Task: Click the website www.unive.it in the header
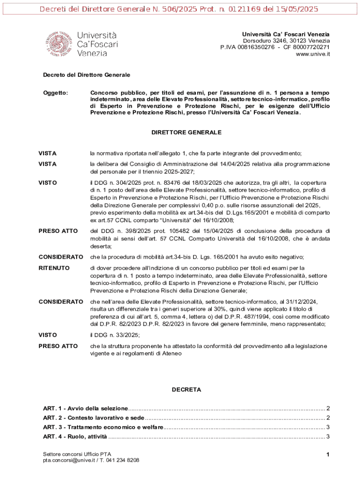313,54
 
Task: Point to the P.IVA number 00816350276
256,47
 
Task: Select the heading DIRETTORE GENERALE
187,133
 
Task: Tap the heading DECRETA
186,389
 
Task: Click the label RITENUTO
54,268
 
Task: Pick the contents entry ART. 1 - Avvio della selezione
85,408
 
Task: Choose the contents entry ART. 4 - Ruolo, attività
75,437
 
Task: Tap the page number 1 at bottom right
328,455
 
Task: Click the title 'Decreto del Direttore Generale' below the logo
86,75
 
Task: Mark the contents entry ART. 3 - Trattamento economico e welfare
103,428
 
